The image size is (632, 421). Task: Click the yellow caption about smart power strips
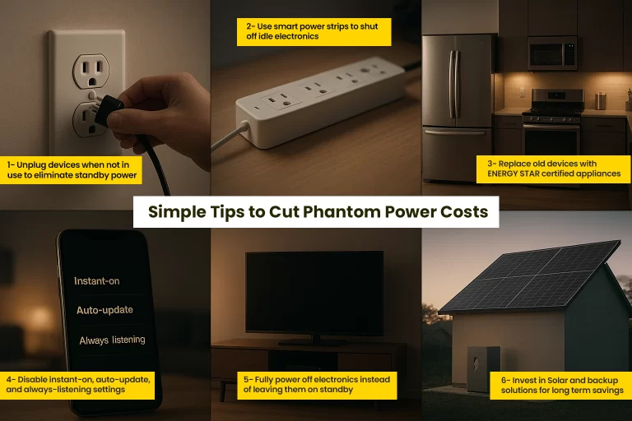(x=317, y=31)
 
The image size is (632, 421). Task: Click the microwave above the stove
(x=552, y=52)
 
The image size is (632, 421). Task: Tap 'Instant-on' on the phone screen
(x=97, y=281)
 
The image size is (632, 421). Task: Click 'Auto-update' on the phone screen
(x=105, y=310)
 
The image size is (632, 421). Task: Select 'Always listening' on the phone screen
(x=112, y=339)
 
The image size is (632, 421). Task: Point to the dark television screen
(x=314, y=293)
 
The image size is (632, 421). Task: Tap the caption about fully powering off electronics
(x=317, y=384)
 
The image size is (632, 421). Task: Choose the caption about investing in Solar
(x=560, y=385)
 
